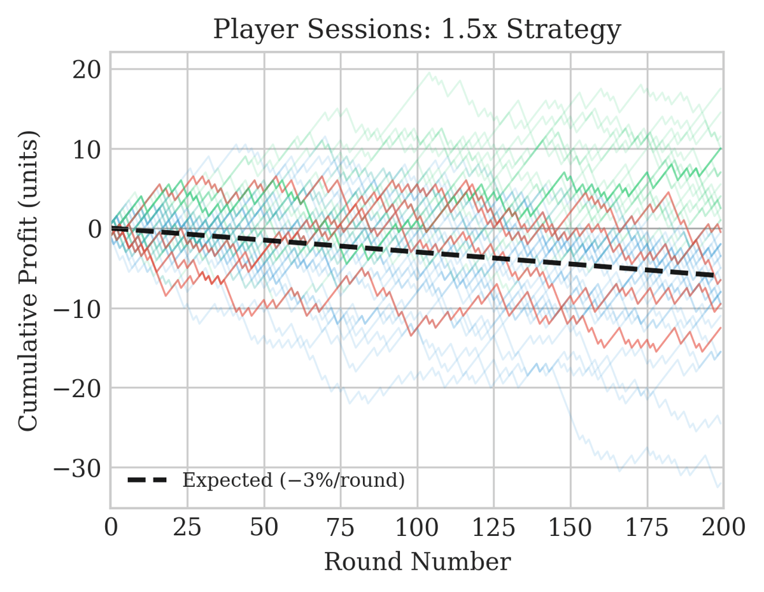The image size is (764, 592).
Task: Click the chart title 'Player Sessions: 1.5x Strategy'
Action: (x=416, y=29)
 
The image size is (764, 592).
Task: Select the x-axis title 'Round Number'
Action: (x=417, y=562)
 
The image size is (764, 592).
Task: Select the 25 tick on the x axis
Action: (x=187, y=526)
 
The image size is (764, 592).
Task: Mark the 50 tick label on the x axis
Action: (x=264, y=526)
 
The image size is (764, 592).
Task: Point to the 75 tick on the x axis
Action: (x=341, y=526)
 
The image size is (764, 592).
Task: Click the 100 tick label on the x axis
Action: (x=417, y=526)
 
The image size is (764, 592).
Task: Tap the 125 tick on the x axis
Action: (x=494, y=526)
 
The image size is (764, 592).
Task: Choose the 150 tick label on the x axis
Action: (x=570, y=526)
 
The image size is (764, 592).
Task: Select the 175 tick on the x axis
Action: (x=647, y=526)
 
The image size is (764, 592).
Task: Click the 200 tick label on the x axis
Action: (x=723, y=526)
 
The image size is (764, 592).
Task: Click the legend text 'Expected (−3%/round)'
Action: (x=294, y=480)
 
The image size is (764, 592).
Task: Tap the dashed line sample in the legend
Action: (x=148, y=480)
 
